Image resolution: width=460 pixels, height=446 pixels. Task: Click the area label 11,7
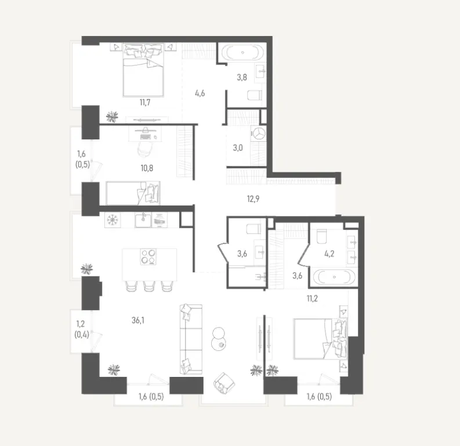tap(145, 103)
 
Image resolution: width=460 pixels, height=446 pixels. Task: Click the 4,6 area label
tap(200, 91)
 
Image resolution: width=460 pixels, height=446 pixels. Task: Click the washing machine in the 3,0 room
tap(258, 133)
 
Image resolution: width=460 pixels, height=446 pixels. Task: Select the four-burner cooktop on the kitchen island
tap(149, 256)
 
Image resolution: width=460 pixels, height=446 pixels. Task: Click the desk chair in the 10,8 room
tap(146, 149)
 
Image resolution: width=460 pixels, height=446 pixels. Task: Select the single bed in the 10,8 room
tap(133, 193)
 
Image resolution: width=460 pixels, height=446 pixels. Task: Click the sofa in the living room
tap(190, 339)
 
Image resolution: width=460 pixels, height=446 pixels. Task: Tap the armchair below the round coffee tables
tap(223, 382)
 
